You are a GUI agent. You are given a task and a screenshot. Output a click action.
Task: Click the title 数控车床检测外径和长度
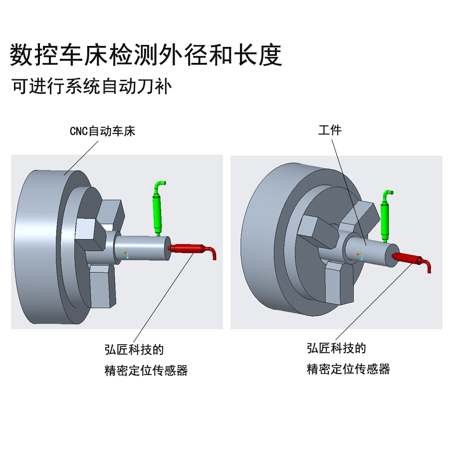(146, 55)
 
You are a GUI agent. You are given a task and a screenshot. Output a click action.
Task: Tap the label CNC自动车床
(102, 132)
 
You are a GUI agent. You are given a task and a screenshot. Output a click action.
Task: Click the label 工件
(330, 131)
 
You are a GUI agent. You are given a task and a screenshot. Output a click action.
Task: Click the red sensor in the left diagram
(187, 248)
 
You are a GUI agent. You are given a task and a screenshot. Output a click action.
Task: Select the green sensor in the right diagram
(385, 220)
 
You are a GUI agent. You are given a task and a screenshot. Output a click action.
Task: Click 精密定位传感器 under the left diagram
(146, 371)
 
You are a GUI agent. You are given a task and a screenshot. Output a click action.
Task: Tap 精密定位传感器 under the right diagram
(348, 369)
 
